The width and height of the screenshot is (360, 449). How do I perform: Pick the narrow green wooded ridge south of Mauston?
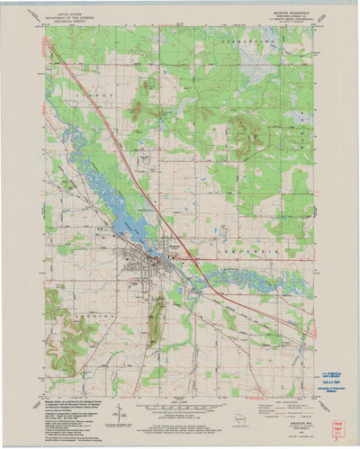click(x=157, y=319)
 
